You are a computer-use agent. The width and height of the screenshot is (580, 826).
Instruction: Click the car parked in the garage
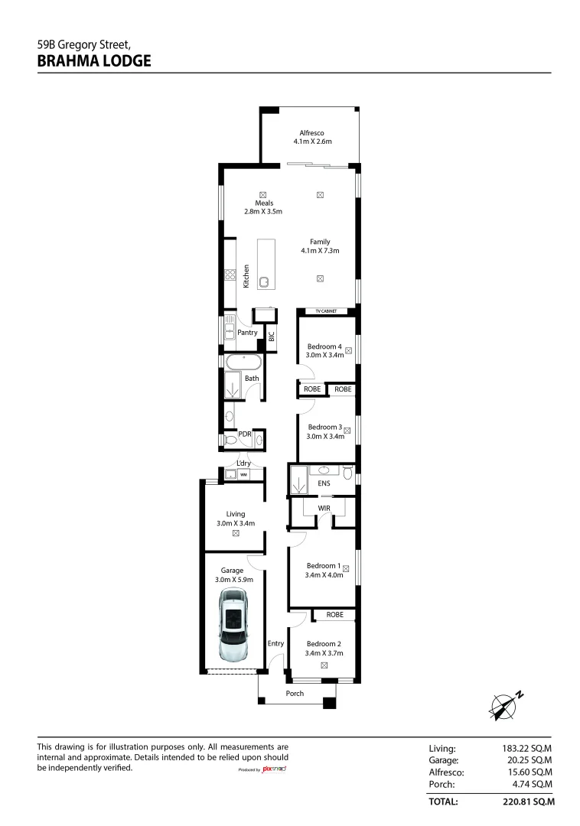click(x=233, y=626)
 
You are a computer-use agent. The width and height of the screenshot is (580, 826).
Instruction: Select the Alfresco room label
click(x=312, y=133)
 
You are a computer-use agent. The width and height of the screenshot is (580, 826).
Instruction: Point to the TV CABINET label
click(x=326, y=311)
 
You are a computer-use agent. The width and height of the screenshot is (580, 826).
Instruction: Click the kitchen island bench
click(x=266, y=264)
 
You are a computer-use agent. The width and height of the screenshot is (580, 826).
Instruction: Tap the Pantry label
click(x=247, y=333)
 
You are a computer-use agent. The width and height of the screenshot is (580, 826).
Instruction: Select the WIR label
click(x=324, y=509)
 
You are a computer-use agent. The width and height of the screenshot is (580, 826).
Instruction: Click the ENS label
click(x=324, y=483)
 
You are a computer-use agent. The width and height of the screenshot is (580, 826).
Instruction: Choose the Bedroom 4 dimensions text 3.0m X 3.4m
click(x=324, y=355)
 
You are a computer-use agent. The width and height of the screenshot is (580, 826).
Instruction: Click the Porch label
click(x=295, y=693)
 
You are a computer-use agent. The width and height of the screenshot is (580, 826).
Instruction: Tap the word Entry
click(x=275, y=643)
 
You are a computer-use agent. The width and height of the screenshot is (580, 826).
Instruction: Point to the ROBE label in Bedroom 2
click(x=334, y=615)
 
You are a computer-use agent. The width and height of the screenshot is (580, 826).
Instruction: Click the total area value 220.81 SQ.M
click(x=529, y=802)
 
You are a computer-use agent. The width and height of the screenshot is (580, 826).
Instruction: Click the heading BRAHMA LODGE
click(x=94, y=61)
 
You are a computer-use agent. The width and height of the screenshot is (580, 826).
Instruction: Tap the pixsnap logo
click(x=275, y=769)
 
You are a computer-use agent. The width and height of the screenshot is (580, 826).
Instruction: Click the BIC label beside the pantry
click(x=272, y=336)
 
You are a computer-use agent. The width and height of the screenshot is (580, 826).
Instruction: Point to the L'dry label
click(x=243, y=463)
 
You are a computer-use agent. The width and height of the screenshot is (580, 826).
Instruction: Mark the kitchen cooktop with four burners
click(x=230, y=274)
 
